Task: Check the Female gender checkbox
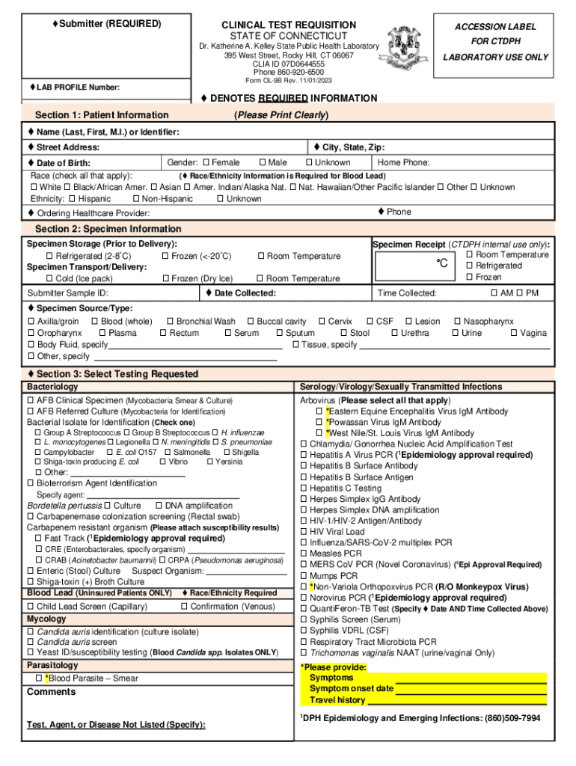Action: [206, 162]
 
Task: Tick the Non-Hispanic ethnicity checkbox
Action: [135, 199]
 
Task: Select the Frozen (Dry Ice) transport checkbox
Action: [165, 279]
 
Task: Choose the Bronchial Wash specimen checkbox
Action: [170, 322]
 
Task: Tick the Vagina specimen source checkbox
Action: [514, 333]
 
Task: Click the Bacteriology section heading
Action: [52, 387]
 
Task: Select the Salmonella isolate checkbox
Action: [168, 453]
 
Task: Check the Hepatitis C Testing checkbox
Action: [304, 488]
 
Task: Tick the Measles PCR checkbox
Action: [304, 554]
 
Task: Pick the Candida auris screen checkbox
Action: [31, 642]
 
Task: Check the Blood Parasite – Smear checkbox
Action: [39, 678]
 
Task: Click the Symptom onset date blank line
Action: [471, 689]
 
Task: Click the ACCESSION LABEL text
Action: [495, 27]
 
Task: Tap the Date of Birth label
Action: [64, 163]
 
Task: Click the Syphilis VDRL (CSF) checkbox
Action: [304, 631]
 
